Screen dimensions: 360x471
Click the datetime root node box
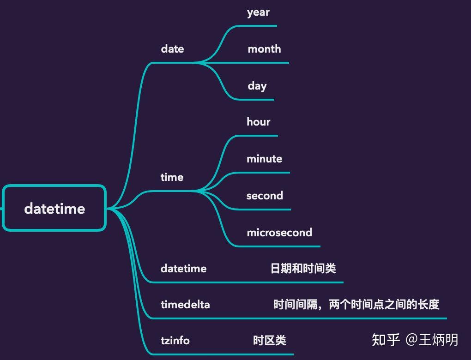[x=54, y=208]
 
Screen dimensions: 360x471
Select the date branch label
[x=172, y=49]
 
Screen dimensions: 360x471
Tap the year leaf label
[x=258, y=12]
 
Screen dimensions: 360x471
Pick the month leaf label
[x=264, y=49]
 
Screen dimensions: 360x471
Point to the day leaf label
[x=257, y=86]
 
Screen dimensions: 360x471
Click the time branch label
[x=172, y=177]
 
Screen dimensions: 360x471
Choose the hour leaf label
[x=259, y=122]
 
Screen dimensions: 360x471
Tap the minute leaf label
[x=264, y=159]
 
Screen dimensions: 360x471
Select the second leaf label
[x=265, y=196]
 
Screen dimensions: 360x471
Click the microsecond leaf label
[x=279, y=233]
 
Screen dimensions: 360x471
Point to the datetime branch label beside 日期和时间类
[x=183, y=269]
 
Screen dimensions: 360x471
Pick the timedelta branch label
[x=185, y=305]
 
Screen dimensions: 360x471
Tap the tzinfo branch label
[x=175, y=341]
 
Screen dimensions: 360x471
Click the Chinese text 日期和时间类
[x=303, y=269]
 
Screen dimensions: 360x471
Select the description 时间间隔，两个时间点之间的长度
[x=356, y=305]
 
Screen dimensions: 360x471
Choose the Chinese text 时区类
[x=269, y=341]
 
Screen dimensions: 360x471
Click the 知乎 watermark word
[x=386, y=340]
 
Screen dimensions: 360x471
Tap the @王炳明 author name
[x=432, y=340]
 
